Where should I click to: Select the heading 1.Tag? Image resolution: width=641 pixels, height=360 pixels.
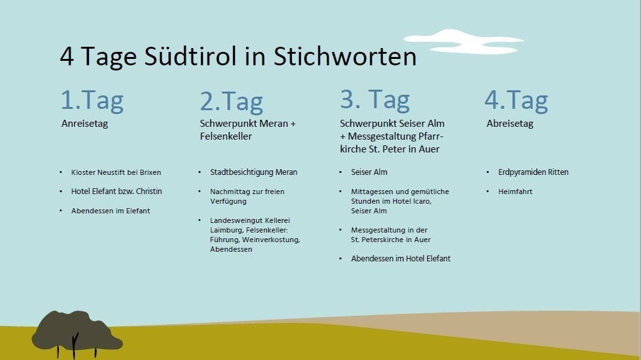92,101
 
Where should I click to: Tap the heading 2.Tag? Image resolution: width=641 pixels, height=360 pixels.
231,102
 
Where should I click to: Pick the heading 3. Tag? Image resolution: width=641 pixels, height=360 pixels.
375,100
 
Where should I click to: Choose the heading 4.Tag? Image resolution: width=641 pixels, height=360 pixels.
516,101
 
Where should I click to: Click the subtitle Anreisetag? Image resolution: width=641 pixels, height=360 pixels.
85,124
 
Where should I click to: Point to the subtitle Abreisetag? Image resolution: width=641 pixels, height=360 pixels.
510,124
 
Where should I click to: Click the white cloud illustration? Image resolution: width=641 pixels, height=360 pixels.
464,42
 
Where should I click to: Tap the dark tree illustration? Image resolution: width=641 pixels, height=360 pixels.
76,333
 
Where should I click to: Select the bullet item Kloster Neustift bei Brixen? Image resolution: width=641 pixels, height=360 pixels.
116,172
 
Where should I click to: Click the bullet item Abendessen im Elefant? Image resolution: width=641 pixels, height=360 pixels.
110,211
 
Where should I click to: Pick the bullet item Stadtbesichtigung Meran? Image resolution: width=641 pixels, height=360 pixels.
254,172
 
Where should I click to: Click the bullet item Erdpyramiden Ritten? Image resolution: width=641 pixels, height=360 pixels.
533,172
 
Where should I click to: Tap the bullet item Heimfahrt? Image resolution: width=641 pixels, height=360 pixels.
515,192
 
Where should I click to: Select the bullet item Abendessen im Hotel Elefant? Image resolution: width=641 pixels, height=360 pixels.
401,259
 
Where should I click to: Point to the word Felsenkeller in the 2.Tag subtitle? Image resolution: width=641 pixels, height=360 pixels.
225,136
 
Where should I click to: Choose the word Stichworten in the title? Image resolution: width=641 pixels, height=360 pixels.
345,56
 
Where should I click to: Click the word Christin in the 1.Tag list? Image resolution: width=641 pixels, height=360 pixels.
149,192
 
